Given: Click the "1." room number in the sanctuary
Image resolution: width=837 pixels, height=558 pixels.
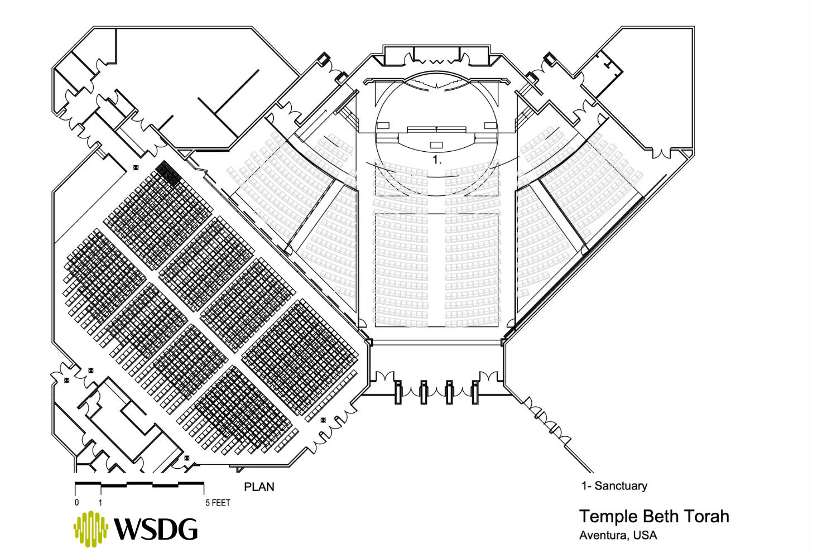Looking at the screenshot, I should pyautogui.click(x=436, y=160).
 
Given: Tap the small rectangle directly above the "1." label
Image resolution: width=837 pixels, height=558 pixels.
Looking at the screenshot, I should pyautogui.click(x=436, y=145).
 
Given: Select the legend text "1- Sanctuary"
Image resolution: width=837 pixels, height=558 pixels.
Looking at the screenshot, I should pyautogui.click(x=614, y=485).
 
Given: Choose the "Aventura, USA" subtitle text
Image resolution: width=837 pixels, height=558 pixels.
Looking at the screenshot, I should pyautogui.click(x=618, y=536).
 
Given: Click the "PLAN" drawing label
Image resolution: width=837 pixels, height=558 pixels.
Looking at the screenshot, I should pyautogui.click(x=259, y=487).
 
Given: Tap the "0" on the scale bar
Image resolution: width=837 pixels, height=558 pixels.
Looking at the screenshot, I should pyautogui.click(x=76, y=502).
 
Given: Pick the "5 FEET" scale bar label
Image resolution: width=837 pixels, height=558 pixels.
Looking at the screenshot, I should pyautogui.click(x=218, y=502).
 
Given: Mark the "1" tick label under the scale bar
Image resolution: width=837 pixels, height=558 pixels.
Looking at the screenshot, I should pyautogui.click(x=100, y=502).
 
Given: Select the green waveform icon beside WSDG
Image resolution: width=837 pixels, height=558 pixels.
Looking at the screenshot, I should pyautogui.click(x=90, y=528).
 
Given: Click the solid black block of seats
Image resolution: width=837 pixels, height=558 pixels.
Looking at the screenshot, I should pyautogui.click(x=169, y=173).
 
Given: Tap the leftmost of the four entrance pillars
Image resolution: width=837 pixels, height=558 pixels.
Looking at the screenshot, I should pyautogui.click(x=398, y=392).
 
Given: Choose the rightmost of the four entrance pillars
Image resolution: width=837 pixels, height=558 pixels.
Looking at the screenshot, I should pyautogui.click(x=475, y=392).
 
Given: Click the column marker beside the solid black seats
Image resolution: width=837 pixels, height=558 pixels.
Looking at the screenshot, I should pyautogui.click(x=136, y=167).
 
